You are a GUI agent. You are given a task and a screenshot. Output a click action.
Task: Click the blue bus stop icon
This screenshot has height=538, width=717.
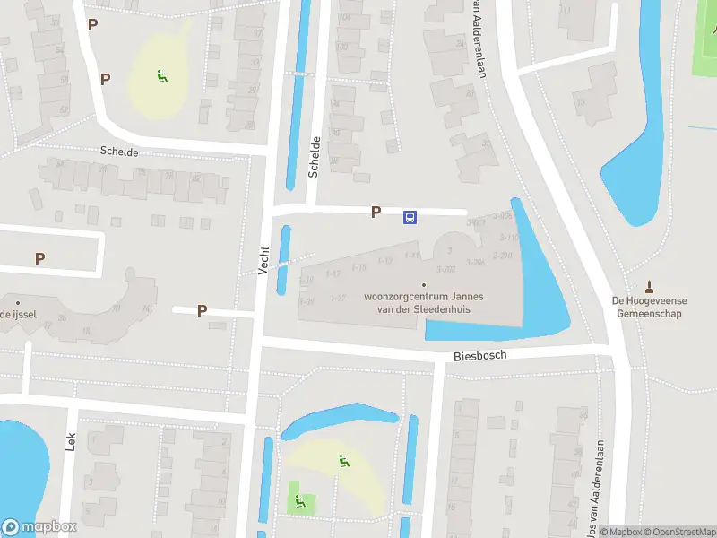coord(410,217)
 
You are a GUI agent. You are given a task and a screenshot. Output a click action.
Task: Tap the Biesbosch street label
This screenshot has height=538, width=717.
coord(479,355)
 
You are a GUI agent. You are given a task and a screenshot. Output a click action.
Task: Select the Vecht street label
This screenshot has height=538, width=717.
coord(263,260)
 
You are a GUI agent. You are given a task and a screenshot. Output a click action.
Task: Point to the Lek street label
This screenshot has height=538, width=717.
coord(71,440)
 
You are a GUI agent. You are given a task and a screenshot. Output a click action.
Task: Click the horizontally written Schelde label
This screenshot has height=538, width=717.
coord(120,152)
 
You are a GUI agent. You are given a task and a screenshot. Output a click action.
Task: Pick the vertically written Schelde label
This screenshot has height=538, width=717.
coord(314,157)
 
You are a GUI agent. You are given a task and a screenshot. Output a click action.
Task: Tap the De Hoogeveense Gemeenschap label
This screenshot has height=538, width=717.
coord(650,307)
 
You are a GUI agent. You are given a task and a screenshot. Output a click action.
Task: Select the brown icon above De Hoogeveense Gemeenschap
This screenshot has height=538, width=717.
coord(650,288)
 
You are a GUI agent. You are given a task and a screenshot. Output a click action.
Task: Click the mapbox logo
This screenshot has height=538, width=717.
coord(39,527)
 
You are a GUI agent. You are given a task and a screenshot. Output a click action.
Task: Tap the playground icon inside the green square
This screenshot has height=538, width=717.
coord(300,502)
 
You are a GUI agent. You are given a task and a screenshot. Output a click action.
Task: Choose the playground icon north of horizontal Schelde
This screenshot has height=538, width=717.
coord(161,77)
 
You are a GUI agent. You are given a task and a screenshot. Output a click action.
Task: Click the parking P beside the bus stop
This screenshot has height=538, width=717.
coord(376,213)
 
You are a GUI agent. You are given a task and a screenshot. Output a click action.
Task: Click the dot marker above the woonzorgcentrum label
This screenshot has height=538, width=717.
coord(424,286)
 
